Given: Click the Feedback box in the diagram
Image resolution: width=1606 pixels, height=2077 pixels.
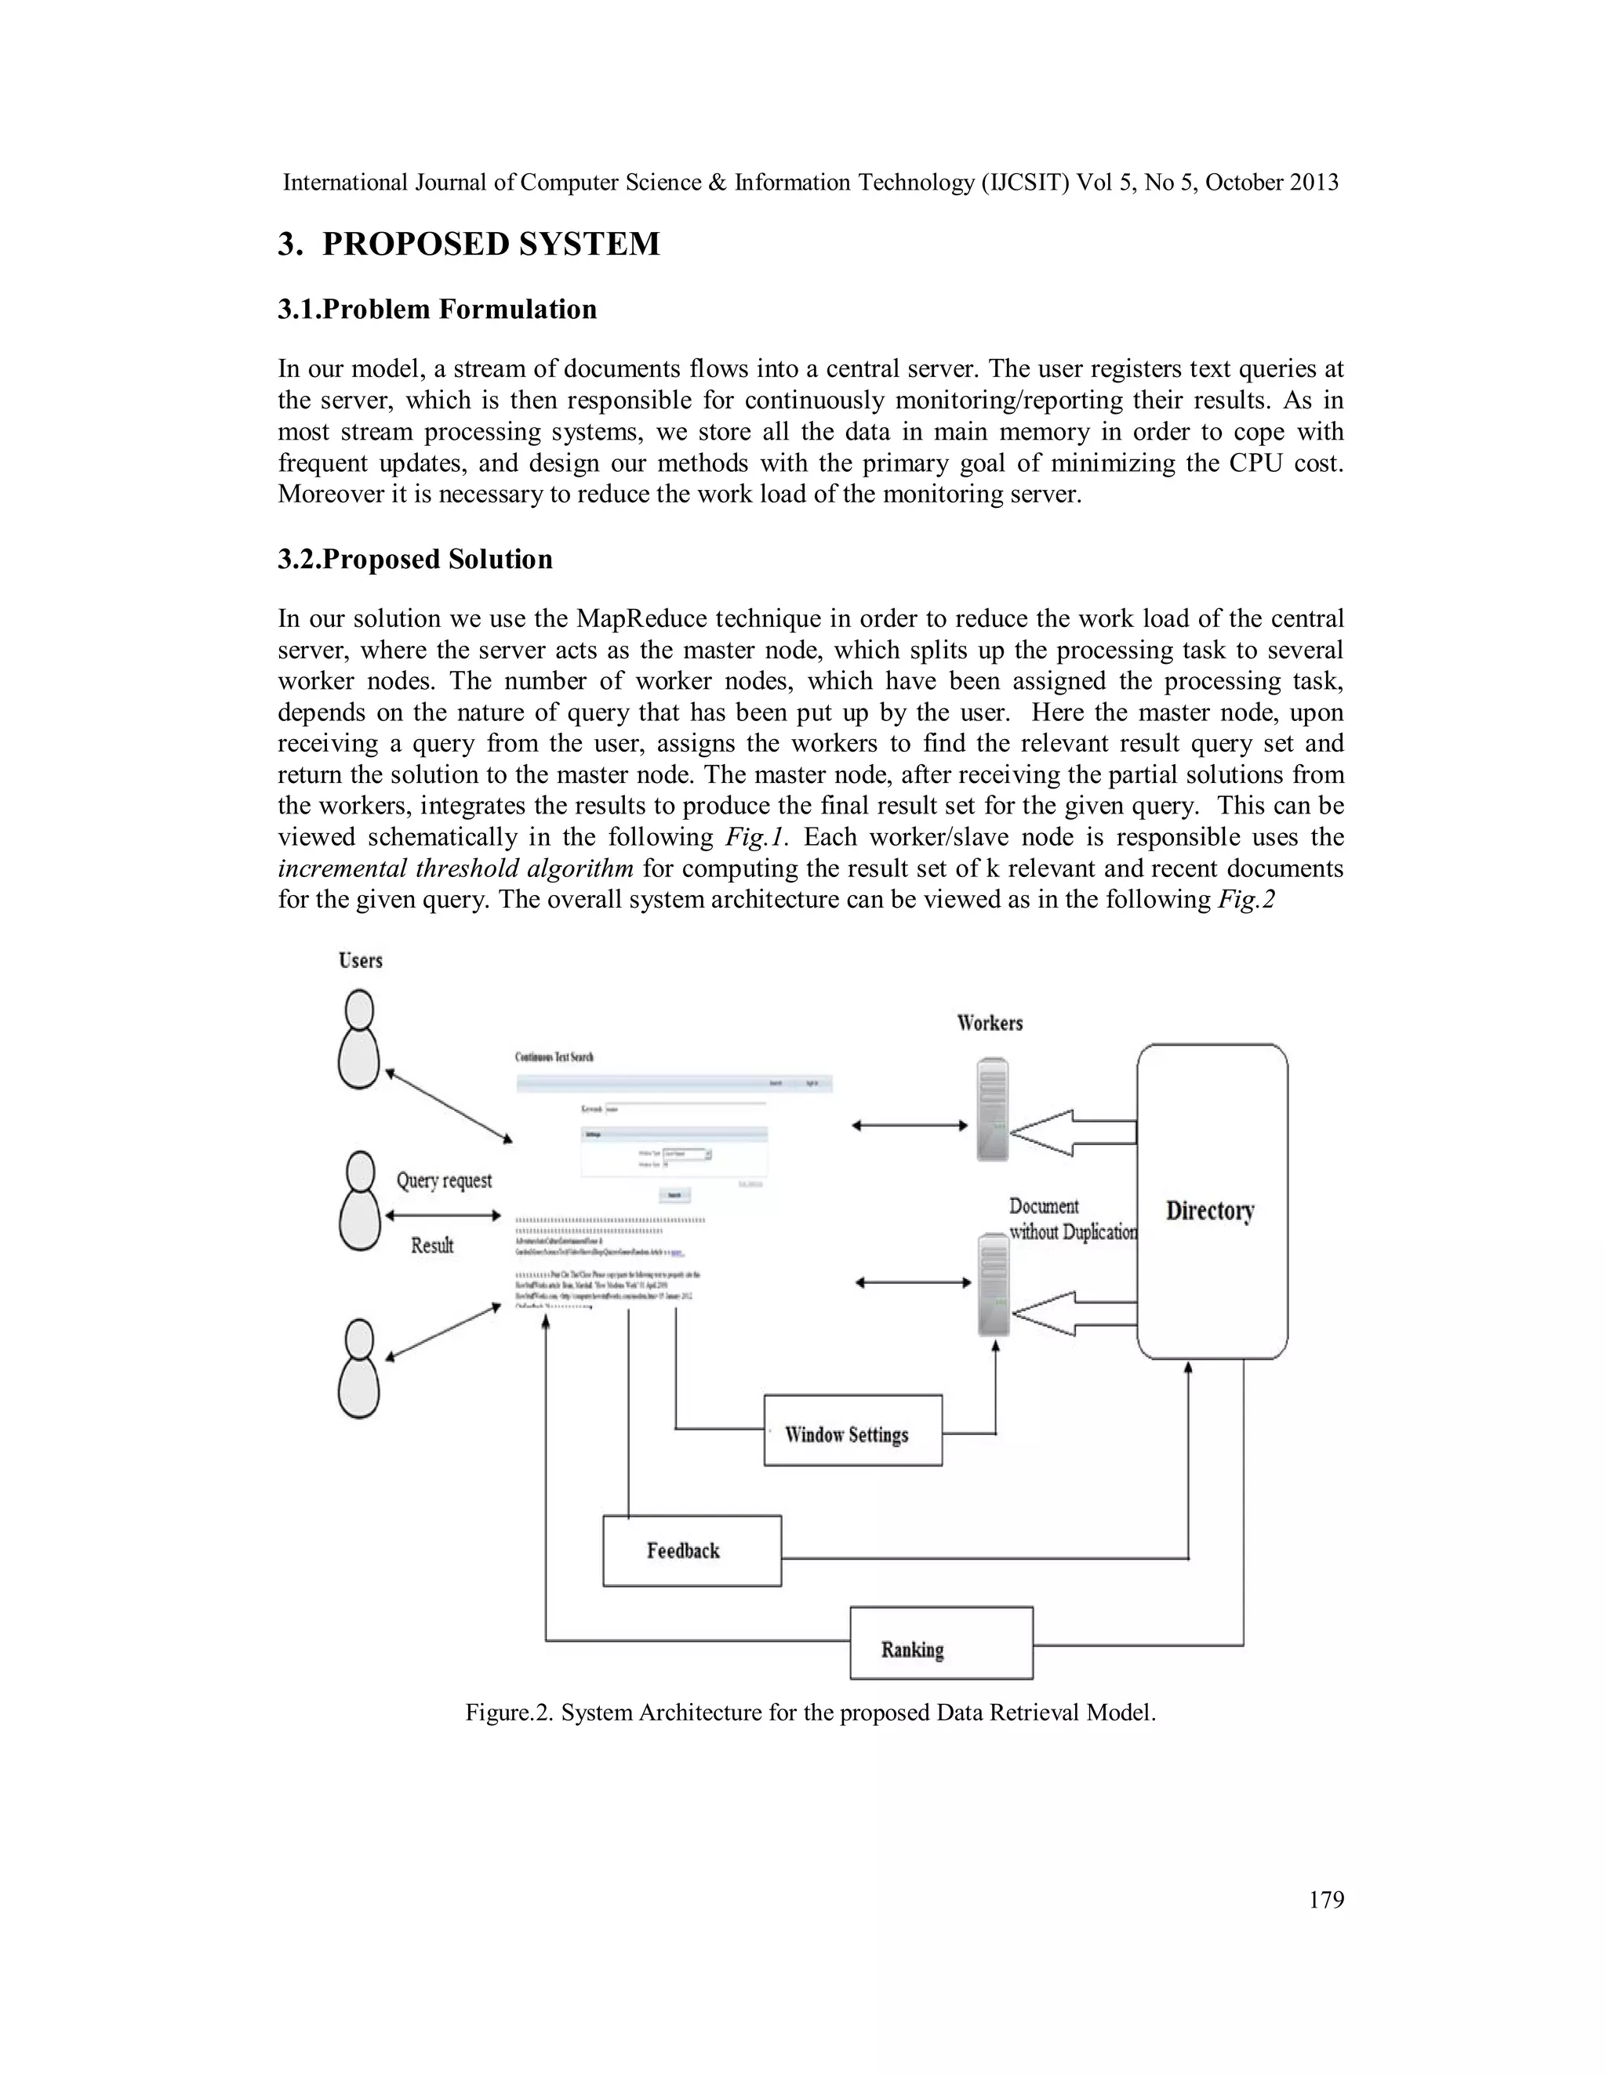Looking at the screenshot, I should pyautogui.click(x=692, y=1551).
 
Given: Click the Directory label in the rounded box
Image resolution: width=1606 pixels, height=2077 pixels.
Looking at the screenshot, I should pyautogui.click(x=1210, y=1211).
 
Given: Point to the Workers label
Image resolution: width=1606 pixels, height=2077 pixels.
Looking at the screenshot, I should pyautogui.click(x=990, y=1024).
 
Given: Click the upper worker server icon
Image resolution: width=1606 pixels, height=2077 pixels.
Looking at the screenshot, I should pyautogui.click(x=991, y=1109).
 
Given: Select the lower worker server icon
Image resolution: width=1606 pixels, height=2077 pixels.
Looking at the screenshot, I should pyautogui.click(x=994, y=1283).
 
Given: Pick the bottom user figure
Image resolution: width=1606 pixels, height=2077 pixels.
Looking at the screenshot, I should pyautogui.click(x=358, y=1368).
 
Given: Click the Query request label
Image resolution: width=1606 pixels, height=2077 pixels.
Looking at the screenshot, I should pyautogui.click(x=445, y=1181).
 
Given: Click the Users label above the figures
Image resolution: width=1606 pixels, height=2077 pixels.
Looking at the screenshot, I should pyautogui.click(x=361, y=961).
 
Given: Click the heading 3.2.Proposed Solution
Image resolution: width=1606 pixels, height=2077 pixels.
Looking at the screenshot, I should pyautogui.click(x=415, y=559).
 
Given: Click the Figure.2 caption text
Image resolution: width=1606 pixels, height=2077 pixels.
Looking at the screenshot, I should pyautogui.click(x=809, y=1713).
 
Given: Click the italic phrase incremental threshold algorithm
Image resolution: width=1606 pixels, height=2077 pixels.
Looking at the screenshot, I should pyautogui.click(x=456, y=868).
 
